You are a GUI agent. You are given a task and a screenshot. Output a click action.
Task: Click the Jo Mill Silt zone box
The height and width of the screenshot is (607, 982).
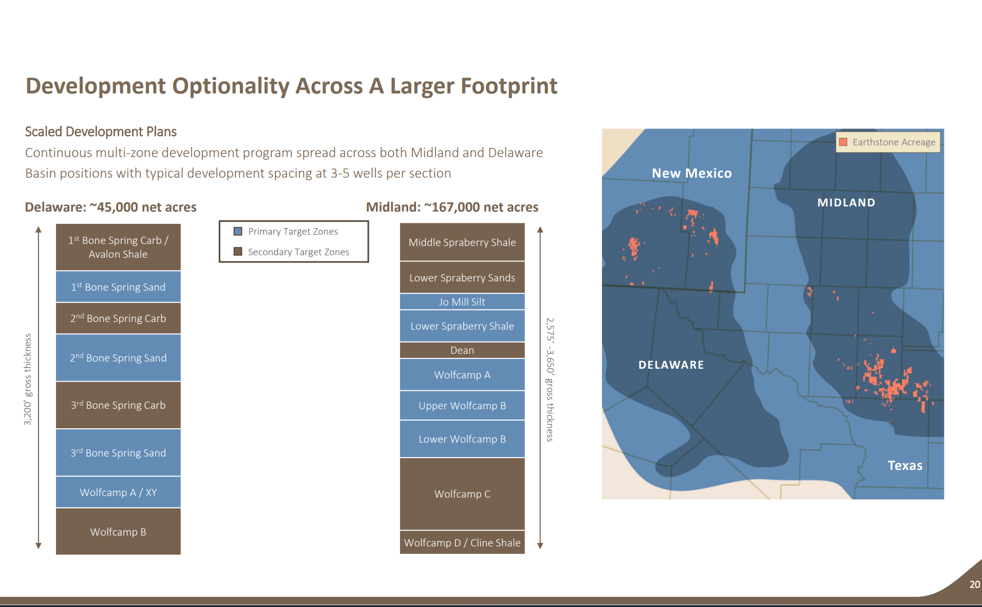[462, 301]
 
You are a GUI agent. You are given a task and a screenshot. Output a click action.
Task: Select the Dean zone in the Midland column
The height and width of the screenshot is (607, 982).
[462, 350]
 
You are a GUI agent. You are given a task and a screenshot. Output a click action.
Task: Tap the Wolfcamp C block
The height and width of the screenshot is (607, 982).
[462, 494]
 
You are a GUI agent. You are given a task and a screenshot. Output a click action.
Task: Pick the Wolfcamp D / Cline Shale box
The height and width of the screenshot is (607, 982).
[462, 542]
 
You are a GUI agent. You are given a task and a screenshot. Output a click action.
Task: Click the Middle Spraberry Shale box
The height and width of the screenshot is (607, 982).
[462, 242]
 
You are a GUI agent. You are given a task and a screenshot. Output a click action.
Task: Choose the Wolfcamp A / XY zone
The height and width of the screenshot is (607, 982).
[118, 492]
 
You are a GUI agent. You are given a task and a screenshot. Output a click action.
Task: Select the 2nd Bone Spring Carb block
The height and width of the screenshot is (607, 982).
[118, 318]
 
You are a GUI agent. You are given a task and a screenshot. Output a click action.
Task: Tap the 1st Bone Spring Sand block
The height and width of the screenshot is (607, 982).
[118, 287]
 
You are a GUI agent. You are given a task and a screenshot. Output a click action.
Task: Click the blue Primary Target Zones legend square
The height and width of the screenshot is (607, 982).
[238, 231]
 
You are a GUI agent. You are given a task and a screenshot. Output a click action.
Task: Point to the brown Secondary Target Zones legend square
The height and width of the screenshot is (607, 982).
[238, 252]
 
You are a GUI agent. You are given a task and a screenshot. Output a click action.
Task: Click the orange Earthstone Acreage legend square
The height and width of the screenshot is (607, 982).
[843, 142]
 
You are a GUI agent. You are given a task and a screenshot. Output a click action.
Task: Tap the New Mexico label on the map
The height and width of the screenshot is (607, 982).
[691, 173]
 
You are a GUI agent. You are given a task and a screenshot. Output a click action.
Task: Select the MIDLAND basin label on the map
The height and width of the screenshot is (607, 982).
[846, 202]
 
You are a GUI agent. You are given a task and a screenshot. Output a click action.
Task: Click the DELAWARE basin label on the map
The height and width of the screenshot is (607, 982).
[671, 365]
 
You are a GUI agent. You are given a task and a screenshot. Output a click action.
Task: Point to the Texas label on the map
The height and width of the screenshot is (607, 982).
[904, 465]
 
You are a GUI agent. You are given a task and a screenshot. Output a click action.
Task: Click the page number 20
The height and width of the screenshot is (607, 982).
[974, 584]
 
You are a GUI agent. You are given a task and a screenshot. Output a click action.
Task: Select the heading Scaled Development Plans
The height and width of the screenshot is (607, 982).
[101, 131]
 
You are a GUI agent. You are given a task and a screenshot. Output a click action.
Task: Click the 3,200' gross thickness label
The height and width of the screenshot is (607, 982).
[28, 380]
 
